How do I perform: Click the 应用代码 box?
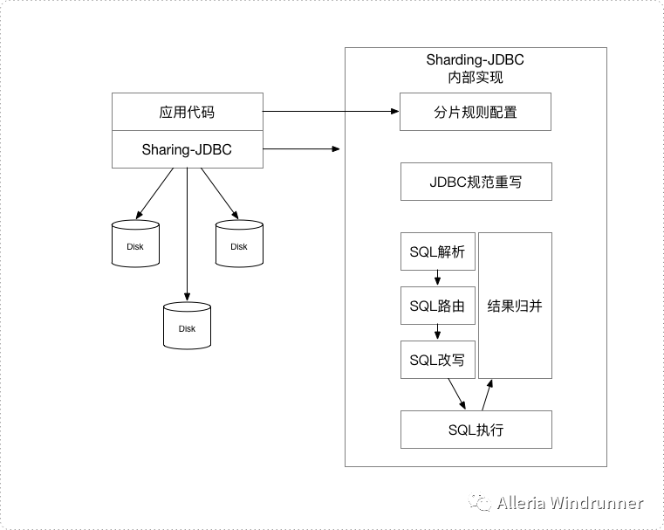pos(187,112)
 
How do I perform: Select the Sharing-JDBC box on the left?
pos(187,149)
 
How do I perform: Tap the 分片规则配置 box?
pos(476,112)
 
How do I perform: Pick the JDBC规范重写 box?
pos(476,182)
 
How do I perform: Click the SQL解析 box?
pos(437,252)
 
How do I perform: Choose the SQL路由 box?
pos(437,306)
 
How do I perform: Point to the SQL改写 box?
pos(437,360)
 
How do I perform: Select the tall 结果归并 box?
pos(515,306)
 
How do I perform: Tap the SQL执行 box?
pos(476,430)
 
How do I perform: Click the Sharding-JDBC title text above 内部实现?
pos(476,60)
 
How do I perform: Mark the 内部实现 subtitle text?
pos(476,78)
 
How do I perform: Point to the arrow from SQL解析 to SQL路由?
pos(437,279)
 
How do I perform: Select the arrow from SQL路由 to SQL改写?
pos(437,333)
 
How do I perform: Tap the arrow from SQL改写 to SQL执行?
pos(456,395)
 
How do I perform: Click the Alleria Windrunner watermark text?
pos(569,503)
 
